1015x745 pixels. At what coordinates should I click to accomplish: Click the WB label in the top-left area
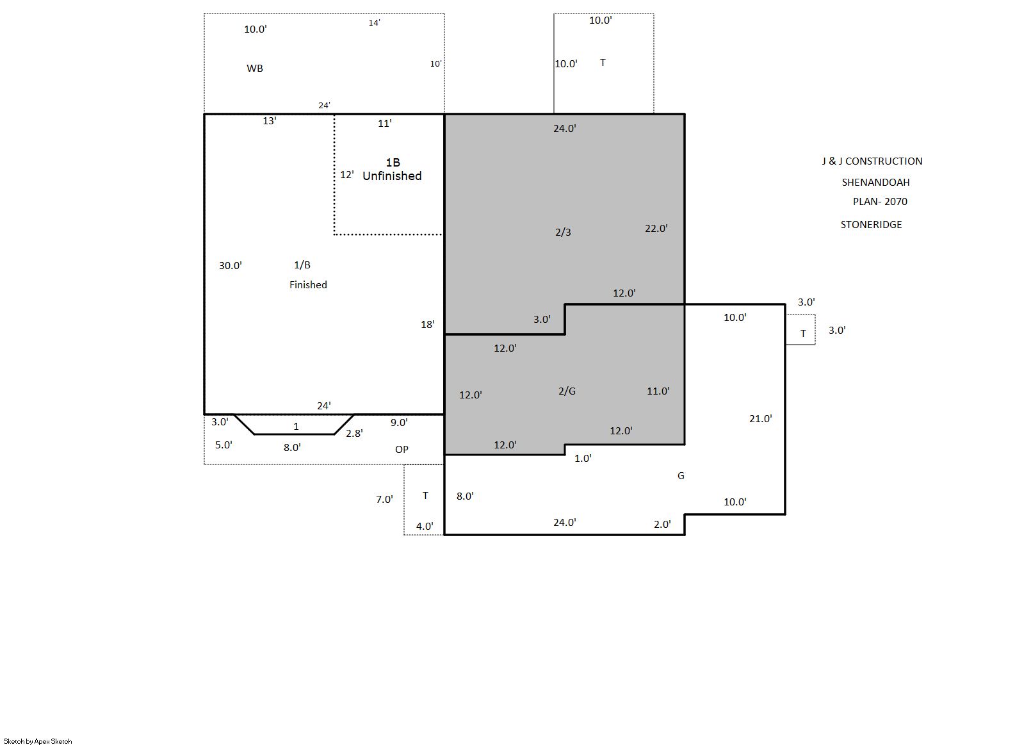tap(255, 69)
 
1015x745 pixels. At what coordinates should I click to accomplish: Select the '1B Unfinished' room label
tap(392, 170)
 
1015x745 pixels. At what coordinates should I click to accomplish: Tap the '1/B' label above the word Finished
tap(302, 265)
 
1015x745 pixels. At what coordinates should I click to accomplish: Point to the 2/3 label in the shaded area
tap(563, 232)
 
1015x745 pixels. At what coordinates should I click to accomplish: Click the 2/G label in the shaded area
tap(567, 391)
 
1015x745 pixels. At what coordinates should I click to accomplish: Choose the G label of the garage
tap(681, 475)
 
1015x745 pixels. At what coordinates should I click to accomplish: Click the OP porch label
tap(402, 449)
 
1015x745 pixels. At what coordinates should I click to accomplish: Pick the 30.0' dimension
tap(230, 266)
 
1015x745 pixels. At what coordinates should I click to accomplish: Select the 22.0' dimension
tap(656, 229)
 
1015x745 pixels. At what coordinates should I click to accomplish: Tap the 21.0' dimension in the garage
tap(760, 419)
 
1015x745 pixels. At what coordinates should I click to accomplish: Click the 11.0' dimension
tap(658, 391)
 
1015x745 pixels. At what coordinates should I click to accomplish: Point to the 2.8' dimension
tap(354, 433)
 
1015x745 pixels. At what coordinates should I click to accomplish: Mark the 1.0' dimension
tap(583, 458)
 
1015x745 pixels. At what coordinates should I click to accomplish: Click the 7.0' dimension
tap(384, 499)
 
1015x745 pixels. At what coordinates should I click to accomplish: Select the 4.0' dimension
tap(425, 526)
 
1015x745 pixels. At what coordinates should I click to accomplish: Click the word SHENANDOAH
tap(875, 182)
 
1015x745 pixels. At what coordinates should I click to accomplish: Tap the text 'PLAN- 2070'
tap(880, 202)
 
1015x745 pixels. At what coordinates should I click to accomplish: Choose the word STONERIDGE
tap(871, 225)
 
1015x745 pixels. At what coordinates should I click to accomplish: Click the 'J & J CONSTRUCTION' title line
tap(872, 161)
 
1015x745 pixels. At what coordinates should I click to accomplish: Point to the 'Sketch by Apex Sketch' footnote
tap(38, 741)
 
